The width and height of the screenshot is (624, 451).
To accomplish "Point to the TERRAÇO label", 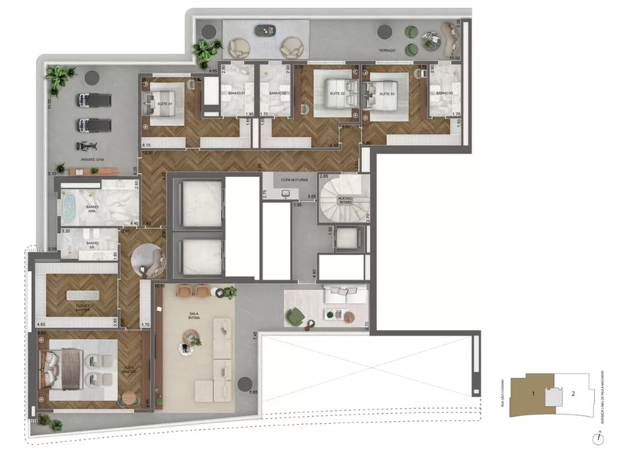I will pyautogui.click(x=388, y=51).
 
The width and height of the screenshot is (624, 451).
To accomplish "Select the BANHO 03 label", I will pyautogui.click(x=444, y=93).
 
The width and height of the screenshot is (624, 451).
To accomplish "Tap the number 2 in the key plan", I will pyautogui.click(x=573, y=394).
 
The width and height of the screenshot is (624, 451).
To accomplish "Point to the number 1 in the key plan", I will pyautogui.click(x=533, y=394).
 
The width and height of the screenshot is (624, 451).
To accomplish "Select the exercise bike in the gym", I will pyautogui.click(x=83, y=147).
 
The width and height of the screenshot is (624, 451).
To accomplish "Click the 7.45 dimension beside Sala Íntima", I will pyautogui.click(x=255, y=336).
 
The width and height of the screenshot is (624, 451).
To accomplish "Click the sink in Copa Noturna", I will pyautogui.click(x=286, y=194).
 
